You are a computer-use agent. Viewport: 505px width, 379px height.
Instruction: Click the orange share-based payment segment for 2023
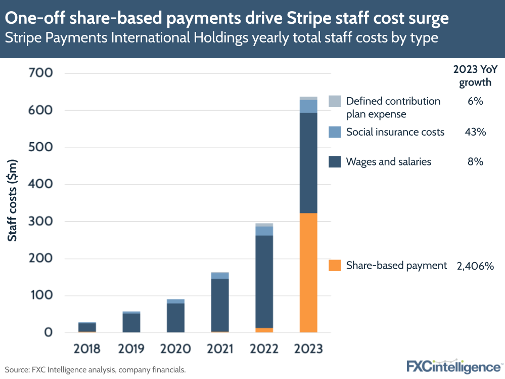pos(308,273)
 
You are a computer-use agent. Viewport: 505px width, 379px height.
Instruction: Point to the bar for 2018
pos(87,327)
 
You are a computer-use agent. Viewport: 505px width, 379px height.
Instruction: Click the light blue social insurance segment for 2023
pos(308,106)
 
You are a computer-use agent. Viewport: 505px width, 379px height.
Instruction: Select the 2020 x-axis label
pos(175,349)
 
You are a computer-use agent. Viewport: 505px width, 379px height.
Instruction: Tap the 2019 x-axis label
pos(131,349)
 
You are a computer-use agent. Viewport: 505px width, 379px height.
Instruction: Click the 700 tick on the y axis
pos(40,73)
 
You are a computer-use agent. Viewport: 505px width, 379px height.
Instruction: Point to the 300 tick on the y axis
pos(40,222)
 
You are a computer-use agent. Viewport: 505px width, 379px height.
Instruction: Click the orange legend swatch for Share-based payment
pos(335,266)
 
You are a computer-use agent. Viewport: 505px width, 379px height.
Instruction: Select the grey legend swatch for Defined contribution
pos(335,101)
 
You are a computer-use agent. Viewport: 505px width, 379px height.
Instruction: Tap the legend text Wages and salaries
pos(388,162)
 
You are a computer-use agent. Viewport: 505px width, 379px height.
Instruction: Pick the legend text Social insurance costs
pos(395,132)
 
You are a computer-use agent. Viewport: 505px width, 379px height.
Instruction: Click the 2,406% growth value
pos(475,266)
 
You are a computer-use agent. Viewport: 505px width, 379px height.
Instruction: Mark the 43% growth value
pos(475,132)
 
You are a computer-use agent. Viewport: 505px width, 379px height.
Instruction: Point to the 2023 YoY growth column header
pos(475,76)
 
